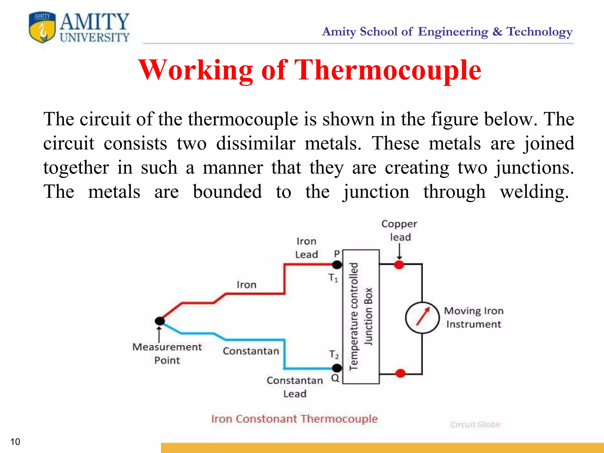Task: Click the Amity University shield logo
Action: pos(42,27)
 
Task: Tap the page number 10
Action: pos(15,442)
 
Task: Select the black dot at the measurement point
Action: pos(160,321)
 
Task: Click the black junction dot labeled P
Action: pos(337,265)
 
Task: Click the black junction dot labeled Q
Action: pos(337,368)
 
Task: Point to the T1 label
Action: pos(333,278)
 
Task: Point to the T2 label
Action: pos(334,354)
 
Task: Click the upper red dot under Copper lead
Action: pos(399,265)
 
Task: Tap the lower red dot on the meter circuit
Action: pos(400,373)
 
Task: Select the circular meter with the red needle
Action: pos(422,318)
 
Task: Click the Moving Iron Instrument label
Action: pos(474,317)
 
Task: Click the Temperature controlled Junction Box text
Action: pos(361,316)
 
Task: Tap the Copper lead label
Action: pos(399,230)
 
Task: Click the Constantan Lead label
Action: pos(295,387)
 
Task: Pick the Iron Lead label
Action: pos(307,248)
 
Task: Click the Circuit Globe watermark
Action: pos(475,425)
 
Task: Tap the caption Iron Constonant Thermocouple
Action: pos(294,419)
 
